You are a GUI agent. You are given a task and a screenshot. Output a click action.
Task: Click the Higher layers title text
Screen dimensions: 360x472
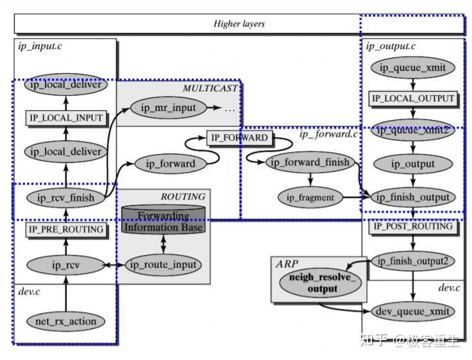(x=239, y=24)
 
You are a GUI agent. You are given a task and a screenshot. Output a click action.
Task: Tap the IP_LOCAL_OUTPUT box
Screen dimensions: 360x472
(x=413, y=99)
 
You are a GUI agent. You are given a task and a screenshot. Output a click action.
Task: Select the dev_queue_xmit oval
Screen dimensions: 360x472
(x=413, y=311)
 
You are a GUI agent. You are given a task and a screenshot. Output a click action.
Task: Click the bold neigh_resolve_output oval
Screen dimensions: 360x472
(x=316, y=284)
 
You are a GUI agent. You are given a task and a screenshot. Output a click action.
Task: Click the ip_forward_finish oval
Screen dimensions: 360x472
(x=310, y=162)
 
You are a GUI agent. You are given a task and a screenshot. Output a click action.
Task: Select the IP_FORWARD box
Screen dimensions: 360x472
(x=238, y=138)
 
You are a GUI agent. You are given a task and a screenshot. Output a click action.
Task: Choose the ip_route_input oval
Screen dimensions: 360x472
(x=164, y=264)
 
